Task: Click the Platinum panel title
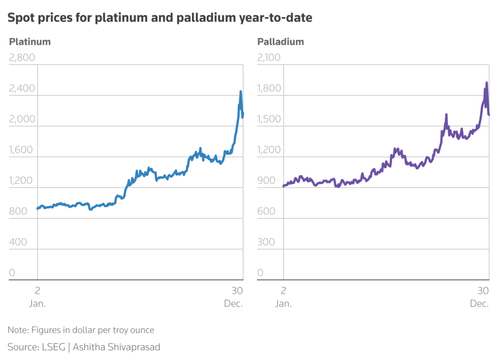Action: click(x=30, y=41)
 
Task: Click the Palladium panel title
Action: click(x=281, y=41)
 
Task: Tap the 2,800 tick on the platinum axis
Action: click(x=22, y=57)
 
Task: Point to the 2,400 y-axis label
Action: click(x=22, y=89)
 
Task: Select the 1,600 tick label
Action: click(x=22, y=150)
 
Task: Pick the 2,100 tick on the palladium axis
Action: click(x=269, y=57)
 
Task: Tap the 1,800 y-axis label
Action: click(x=269, y=89)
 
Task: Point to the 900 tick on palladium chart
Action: click(x=266, y=180)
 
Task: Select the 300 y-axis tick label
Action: click(x=266, y=242)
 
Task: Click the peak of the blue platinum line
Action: click(x=240, y=91)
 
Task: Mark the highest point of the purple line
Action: click(x=487, y=83)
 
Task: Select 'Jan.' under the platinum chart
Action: click(x=38, y=304)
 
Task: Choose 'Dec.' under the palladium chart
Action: click(x=479, y=304)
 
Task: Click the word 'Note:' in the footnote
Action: click(x=18, y=330)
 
